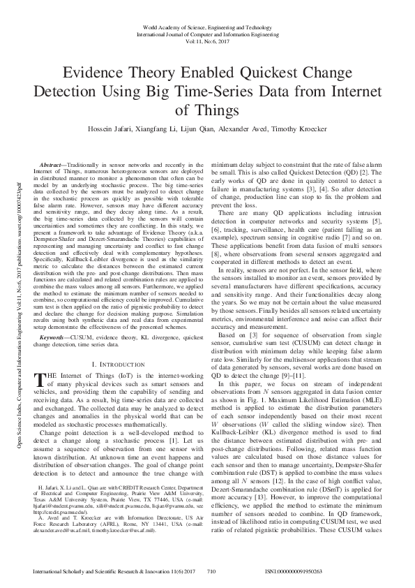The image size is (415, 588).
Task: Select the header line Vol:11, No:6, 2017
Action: (x=207, y=41)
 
